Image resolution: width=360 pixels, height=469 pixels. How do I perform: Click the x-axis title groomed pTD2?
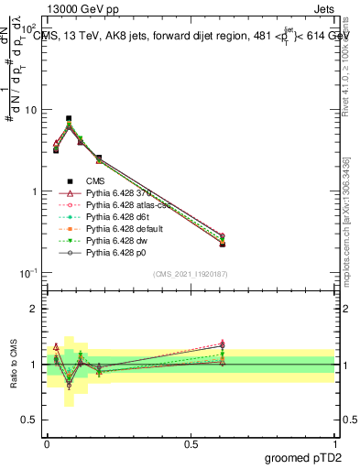point(300,456)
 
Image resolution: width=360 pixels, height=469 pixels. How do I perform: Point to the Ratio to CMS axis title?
point(12,365)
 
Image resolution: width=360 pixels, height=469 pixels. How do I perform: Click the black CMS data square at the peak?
point(69,118)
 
